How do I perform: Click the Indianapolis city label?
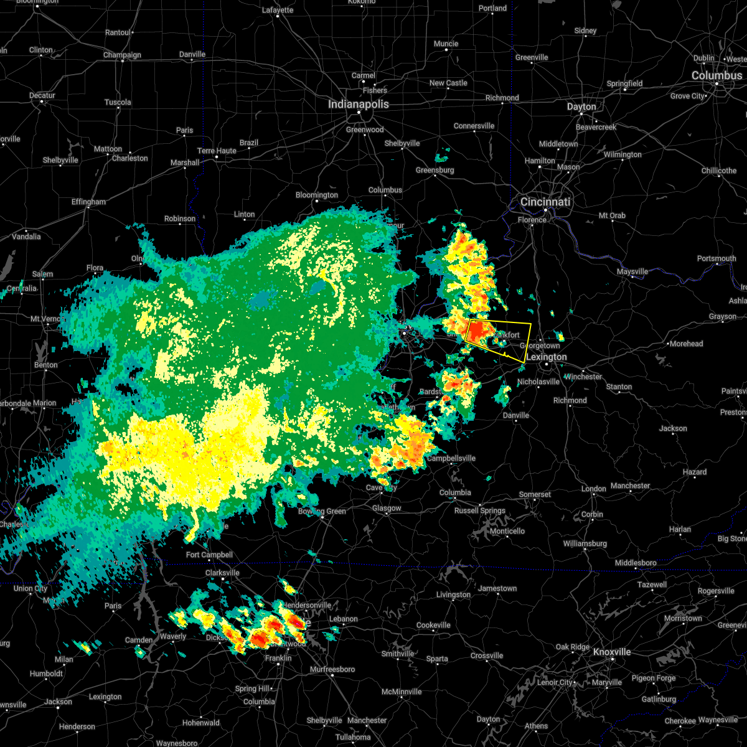[359, 105]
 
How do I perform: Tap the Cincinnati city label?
[545, 202]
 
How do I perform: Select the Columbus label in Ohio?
[716, 76]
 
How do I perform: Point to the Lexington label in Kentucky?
[547, 357]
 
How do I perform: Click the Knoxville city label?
[611, 652]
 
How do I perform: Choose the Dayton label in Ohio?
[581, 107]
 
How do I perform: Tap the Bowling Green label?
[322, 512]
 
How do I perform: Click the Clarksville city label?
[222, 573]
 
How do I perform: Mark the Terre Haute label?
[217, 151]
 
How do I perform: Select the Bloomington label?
[317, 195]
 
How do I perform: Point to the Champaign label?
[122, 55]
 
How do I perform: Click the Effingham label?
[88, 202]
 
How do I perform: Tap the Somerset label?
[535, 495]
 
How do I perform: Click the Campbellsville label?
[451, 459]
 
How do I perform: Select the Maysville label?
[632, 272]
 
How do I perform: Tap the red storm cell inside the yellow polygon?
[479, 331]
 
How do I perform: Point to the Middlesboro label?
[636, 563]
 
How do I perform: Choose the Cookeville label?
[433, 626]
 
